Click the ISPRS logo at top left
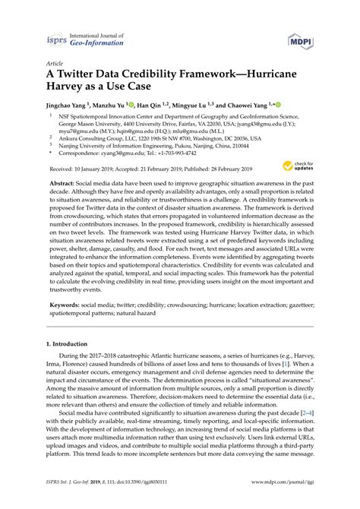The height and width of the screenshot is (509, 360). [x=56, y=40]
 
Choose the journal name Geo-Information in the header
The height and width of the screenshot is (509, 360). [x=94, y=45]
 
